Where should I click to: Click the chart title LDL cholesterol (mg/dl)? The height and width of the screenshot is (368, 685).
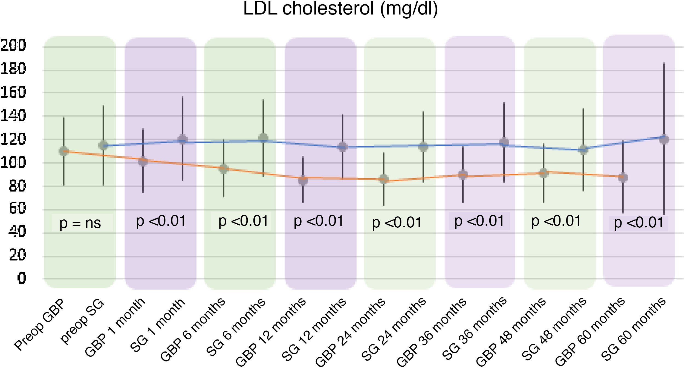tap(340, 9)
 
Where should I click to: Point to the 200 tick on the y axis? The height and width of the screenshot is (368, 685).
tap(13, 45)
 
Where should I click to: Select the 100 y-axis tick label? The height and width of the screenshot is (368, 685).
tap(13, 163)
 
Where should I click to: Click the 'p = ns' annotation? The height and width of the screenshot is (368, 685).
tap(80, 223)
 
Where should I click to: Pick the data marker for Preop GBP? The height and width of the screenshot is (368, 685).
tap(64, 151)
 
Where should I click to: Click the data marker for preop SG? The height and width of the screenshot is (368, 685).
tap(103, 145)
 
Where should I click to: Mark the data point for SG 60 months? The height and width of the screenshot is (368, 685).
tap(664, 140)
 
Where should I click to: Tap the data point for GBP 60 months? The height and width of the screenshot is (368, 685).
tap(623, 177)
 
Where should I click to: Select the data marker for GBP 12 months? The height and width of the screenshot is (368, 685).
tap(303, 180)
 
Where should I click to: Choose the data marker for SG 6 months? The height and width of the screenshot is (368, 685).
tap(263, 138)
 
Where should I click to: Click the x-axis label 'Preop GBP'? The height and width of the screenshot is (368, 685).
tap(39, 325)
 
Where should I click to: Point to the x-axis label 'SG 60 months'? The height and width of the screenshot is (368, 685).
tap(633, 329)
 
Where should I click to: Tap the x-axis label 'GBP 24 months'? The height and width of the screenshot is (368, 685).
tap(350, 332)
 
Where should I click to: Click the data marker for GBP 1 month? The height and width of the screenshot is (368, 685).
tap(143, 161)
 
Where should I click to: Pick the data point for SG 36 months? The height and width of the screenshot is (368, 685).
tap(504, 142)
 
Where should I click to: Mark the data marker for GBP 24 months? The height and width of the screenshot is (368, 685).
tap(383, 179)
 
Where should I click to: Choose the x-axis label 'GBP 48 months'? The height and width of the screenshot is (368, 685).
tap(511, 332)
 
